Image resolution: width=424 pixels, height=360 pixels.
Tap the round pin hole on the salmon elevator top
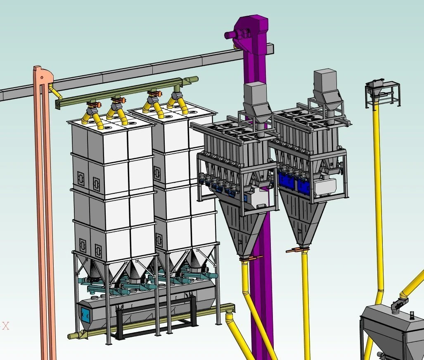pyautogui.click(x=42, y=78)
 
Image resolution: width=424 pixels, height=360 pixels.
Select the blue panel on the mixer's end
pyautogui.click(x=85, y=314)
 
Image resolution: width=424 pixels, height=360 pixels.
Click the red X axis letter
pyautogui.click(x=6, y=326)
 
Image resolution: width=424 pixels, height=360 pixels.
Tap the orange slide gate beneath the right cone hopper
pyautogui.click(x=296, y=250)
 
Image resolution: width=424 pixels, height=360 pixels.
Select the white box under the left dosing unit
pyautogui.click(x=259, y=198)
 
